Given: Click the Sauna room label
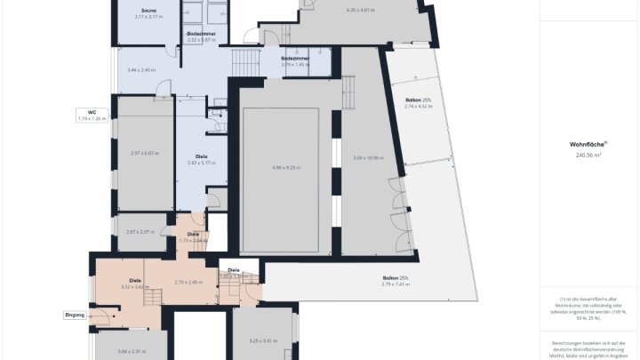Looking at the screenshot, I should (x=149, y=11).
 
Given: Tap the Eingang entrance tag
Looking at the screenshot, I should (x=75, y=315).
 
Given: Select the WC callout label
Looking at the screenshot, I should (x=92, y=112).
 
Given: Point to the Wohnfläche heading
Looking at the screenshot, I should (x=588, y=143).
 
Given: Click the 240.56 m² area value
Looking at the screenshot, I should (x=588, y=155).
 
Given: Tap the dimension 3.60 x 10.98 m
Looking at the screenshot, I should (x=368, y=157).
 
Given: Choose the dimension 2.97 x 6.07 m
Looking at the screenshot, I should (x=144, y=153).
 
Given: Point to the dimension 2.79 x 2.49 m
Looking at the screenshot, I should (x=188, y=282).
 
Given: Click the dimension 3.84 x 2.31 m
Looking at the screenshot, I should (x=132, y=352).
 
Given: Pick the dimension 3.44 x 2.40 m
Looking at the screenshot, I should (x=141, y=69).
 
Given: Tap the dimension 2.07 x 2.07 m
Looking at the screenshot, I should (x=140, y=232).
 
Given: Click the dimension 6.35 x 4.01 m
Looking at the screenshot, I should (x=360, y=11).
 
